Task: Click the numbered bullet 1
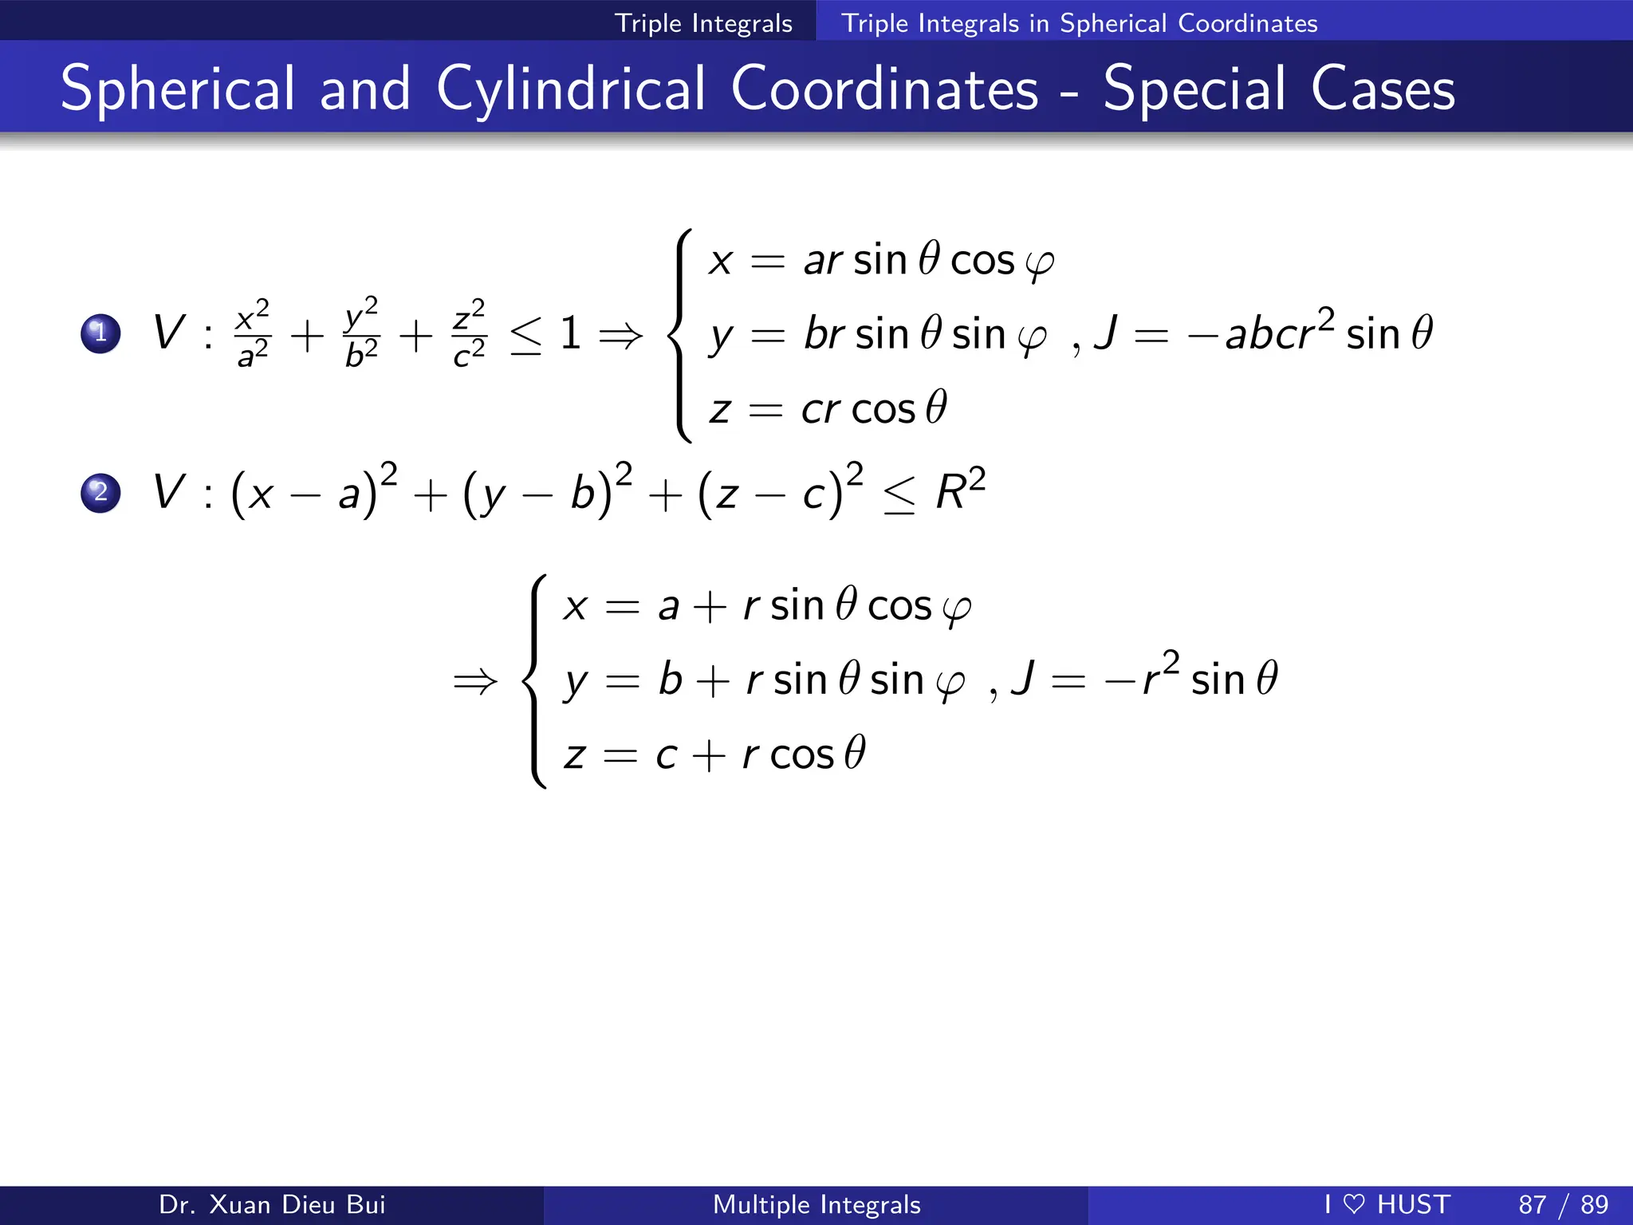(100, 333)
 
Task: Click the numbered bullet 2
(100, 492)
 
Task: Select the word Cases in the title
(1383, 89)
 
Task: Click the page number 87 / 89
(1563, 1204)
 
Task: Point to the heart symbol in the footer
(1354, 1203)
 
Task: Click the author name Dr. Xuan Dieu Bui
(272, 1204)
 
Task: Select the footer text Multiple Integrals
(816, 1204)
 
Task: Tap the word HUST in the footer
(1414, 1204)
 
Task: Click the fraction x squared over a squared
(254, 333)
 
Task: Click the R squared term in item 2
(961, 490)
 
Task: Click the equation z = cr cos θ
(828, 408)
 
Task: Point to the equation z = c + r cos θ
(714, 754)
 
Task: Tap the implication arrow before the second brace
(475, 681)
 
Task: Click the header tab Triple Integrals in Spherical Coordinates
(1079, 22)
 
